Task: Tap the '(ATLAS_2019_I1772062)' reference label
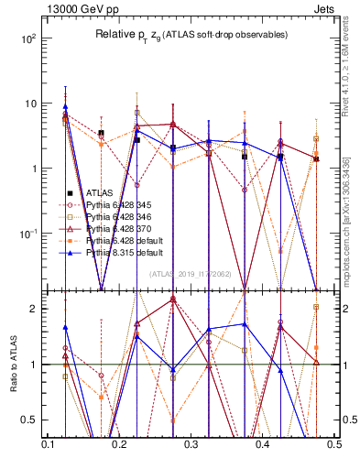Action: [x=191, y=274]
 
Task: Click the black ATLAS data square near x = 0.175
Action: [x=101, y=133]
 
